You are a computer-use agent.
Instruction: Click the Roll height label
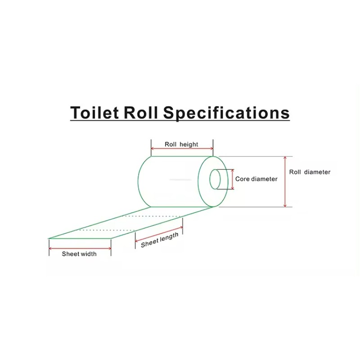tap(181, 144)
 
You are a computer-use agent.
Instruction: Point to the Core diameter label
tap(256, 179)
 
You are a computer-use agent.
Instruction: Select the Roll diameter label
tap(310, 172)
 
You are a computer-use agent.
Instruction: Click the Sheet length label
tap(159, 240)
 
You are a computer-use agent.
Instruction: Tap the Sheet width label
tap(79, 254)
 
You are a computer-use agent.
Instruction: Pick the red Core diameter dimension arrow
tap(233, 179)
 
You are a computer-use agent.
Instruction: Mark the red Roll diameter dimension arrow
tap(285, 182)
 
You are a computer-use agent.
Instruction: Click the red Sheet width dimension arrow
tap(80, 248)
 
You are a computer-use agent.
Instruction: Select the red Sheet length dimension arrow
tap(159, 233)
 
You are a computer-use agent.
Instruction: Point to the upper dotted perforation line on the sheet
tap(153, 216)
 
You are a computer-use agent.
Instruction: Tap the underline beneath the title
tap(180, 120)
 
